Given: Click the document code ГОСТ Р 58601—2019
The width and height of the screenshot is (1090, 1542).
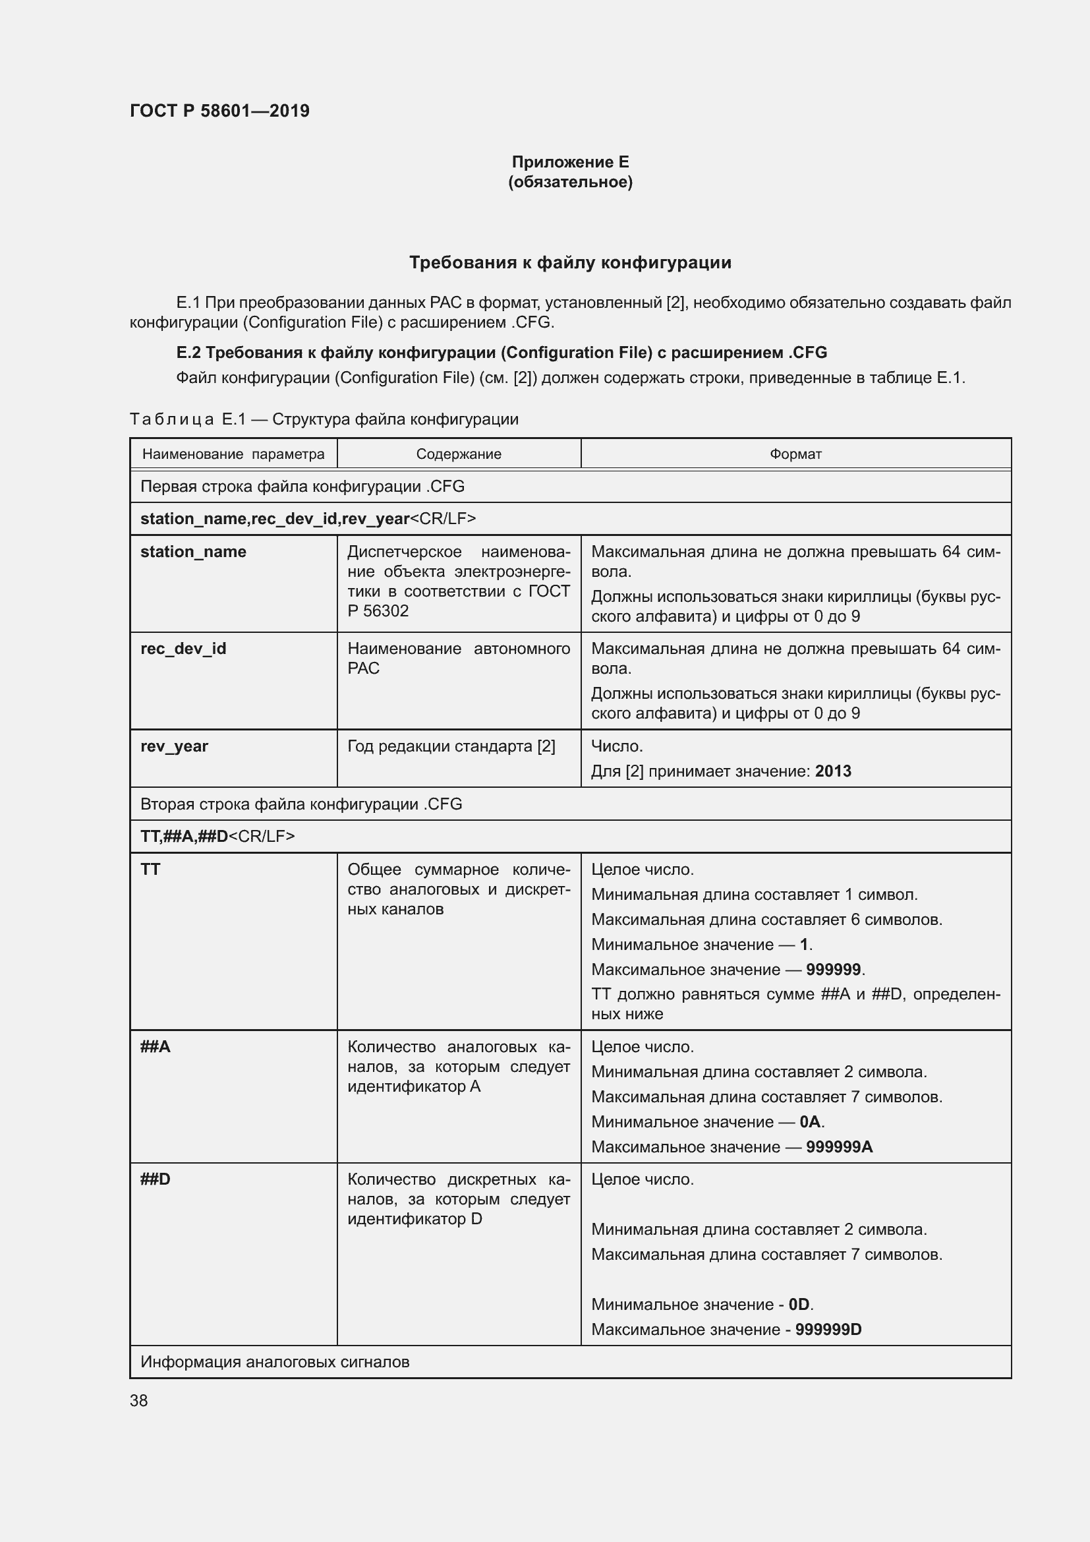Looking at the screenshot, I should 219,111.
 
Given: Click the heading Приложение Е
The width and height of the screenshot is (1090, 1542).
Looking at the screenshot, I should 570,162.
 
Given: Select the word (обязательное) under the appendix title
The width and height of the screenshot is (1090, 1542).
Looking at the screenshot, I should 570,182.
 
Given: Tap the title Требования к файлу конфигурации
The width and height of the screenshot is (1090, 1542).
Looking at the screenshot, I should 570,262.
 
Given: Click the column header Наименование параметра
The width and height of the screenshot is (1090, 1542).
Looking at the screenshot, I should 233,454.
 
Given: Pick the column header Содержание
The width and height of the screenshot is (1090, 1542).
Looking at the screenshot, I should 459,454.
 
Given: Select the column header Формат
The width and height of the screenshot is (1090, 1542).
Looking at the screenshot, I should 795,454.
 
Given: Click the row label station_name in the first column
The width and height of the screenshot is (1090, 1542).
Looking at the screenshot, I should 193,551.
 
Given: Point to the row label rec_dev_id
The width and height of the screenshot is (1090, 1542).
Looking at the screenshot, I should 183,648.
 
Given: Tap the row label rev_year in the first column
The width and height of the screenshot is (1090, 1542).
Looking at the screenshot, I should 175,746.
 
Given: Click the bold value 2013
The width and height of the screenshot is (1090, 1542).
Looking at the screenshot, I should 833,771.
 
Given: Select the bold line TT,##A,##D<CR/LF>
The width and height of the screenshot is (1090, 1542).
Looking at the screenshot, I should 217,836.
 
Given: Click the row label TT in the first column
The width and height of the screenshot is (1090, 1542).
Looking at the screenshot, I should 150,869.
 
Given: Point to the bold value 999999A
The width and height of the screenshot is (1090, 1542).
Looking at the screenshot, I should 839,1146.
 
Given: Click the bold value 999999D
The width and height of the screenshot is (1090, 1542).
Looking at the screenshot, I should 828,1329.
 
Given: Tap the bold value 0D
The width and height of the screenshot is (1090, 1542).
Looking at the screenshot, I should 799,1304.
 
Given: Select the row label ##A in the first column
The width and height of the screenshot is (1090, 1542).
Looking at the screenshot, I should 155,1046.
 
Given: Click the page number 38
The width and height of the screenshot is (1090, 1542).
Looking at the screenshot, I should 139,1400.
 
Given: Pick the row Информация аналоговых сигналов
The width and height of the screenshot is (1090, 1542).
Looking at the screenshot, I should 275,1362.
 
